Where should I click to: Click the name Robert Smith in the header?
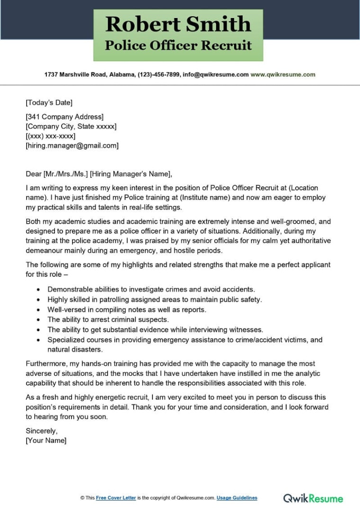(178, 24)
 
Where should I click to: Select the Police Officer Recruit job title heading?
(178, 45)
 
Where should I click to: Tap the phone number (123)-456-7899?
(159, 74)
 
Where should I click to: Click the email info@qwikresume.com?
(216, 74)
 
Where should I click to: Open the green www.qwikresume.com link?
(283, 74)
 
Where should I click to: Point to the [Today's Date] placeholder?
(49, 102)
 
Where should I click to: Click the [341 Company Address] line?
(64, 117)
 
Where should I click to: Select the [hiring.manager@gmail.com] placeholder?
(72, 145)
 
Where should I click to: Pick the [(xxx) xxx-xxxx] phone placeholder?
(50, 136)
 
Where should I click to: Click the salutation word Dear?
(34, 173)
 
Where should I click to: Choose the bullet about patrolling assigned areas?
(154, 300)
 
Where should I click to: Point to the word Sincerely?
(41, 431)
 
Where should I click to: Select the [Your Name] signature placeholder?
(46, 440)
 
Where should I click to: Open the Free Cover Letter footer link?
(116, 498)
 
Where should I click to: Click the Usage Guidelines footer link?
(237, 498)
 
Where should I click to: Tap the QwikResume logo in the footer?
(313, 498)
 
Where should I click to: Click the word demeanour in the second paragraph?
(45, 251)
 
